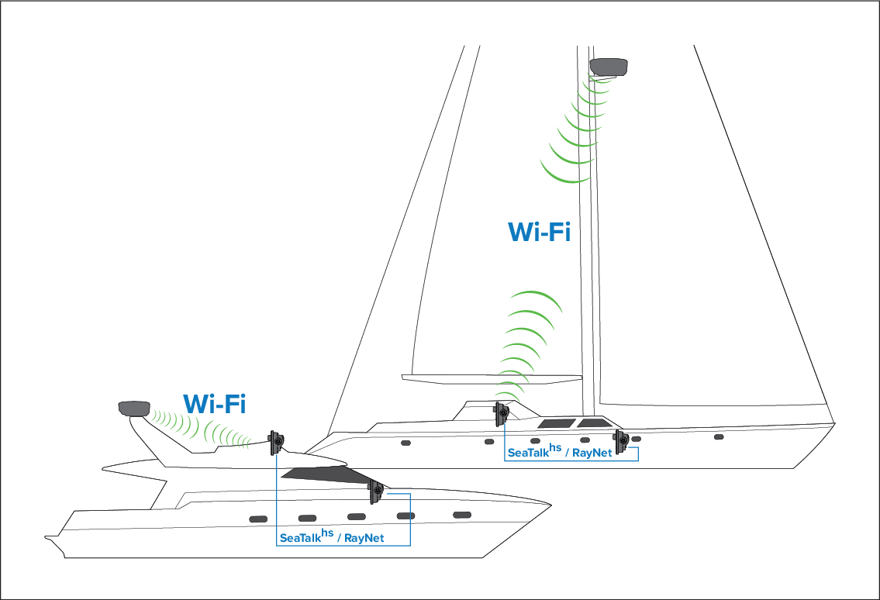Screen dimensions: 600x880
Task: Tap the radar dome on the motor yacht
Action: pyautogui.click(x=133, y=408)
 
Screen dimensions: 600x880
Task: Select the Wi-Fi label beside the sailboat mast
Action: pyautogui.click(x=539, y=232)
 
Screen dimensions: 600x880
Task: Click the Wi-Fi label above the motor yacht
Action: pyautogui.click(x=215, y=403)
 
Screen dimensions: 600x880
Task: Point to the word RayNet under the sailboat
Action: pyautogui.click(x=591, y=453)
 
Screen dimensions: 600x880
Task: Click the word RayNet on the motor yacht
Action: pyautogui.click(x=364, y=537)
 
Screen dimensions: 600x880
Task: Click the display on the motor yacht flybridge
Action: pyautogui.click(x=276, y=443)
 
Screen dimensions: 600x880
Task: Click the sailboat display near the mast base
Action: pyautogui.click(x=621, y=440)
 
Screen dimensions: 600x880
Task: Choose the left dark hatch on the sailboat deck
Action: pyautogui.click(x=556, y=423)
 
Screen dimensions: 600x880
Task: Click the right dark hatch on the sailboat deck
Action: pyautogui.click(x=592, y=423)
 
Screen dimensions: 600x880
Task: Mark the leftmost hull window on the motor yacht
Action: pyautogui.click(x=257, y=518)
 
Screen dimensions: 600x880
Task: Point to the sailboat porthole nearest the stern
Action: pyautogui.click(x=405, y=443)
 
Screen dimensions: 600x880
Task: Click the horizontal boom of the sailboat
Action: pyautogui.click(x=492, y=378)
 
